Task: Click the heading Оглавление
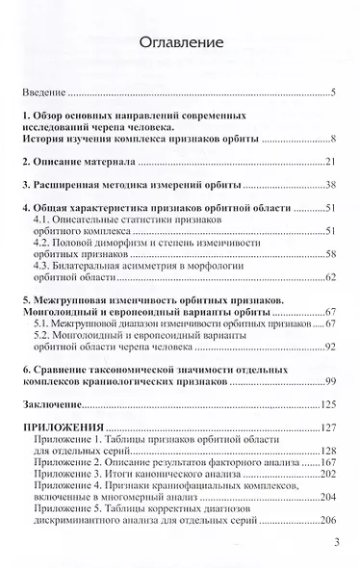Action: tap(180, 43)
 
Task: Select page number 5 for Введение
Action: tap(330, 93)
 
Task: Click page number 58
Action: tap(327, 255)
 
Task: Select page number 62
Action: tap(327, 278)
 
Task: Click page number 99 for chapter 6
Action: tap(327, 382)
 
